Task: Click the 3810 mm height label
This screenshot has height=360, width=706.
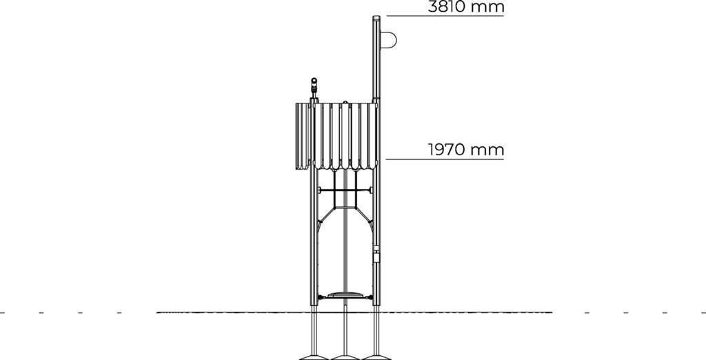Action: (465, 7)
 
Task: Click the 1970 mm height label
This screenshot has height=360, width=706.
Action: (465, 150)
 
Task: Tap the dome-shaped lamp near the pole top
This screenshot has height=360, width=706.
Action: (389, 39)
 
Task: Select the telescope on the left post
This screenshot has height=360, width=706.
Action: (314, 88)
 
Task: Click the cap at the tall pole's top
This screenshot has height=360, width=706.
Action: (376, 19)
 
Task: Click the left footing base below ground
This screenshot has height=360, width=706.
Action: (314, 356)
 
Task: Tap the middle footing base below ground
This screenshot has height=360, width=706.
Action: (345, 356)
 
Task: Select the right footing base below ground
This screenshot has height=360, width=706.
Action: (376, 356)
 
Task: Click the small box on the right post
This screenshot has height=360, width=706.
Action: (376, 255)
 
